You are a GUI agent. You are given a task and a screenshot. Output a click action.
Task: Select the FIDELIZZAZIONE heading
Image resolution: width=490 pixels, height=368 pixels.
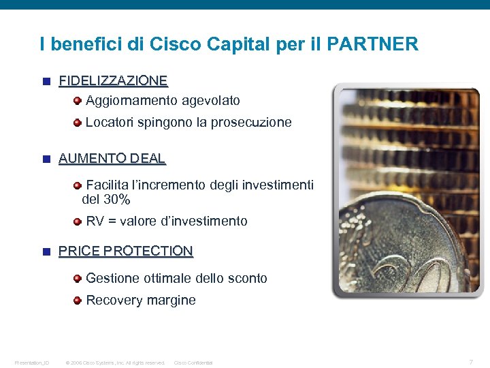click(113, 81)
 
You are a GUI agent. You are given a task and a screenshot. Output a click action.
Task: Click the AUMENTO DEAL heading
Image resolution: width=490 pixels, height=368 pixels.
click(112, 159)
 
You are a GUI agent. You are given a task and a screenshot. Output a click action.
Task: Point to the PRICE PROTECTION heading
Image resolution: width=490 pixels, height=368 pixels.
click(126, 251)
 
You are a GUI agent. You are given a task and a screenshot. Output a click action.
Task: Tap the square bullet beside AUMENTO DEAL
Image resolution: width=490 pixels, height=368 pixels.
click(46, 159)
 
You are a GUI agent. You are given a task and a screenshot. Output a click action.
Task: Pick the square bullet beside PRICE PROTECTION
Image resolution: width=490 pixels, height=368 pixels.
click(46, 251)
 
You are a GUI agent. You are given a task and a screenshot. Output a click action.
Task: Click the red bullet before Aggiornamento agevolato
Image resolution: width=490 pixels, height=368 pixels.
click(78, 101)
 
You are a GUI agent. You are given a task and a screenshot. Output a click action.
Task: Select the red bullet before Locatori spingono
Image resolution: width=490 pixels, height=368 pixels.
click(78, 123)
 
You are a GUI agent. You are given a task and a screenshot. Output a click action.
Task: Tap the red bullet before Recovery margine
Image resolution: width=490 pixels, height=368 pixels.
click(78, 300)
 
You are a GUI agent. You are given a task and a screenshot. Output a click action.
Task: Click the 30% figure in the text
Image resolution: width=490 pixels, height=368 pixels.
click(116, 200)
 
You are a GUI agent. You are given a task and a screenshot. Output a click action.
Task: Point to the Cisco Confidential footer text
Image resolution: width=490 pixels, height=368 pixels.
click(193, 363)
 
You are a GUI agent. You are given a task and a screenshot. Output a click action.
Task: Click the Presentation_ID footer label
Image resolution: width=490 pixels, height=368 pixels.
click(32, 363)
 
